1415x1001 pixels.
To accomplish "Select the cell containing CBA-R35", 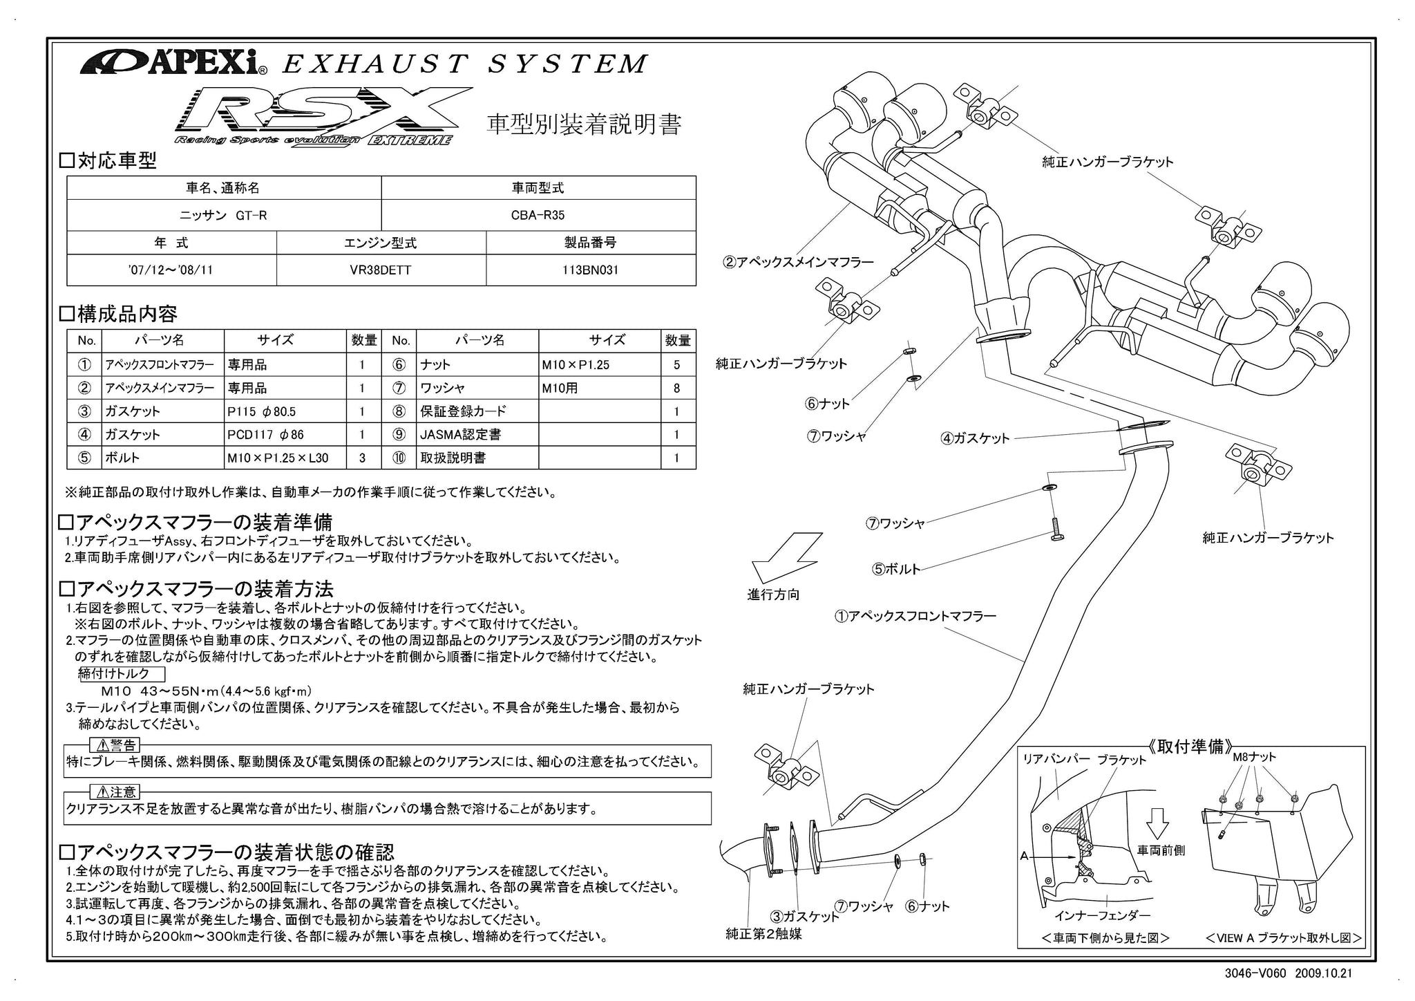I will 538,215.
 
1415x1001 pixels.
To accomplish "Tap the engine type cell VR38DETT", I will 381,270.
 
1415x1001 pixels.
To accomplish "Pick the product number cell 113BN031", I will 590,270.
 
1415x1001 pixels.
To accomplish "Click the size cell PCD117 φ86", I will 287,434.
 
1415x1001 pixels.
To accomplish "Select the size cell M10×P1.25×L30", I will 287,458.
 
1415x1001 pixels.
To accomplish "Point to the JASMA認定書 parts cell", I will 477,434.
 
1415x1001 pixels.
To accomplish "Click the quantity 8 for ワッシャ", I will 676,388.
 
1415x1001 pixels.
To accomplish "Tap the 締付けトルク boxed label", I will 123,673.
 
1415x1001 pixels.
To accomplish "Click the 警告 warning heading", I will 114,745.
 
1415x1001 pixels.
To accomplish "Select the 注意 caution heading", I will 114,792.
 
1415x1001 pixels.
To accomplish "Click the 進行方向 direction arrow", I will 786,559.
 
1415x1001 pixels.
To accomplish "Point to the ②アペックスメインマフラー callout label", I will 798,262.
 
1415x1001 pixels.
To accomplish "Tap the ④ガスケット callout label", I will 975,438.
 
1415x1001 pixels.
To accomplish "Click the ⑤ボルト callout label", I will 896,569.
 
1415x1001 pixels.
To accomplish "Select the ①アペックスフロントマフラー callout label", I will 915,615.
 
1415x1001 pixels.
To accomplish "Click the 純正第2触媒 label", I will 763,934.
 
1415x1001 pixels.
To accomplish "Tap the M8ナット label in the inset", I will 1254,757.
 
